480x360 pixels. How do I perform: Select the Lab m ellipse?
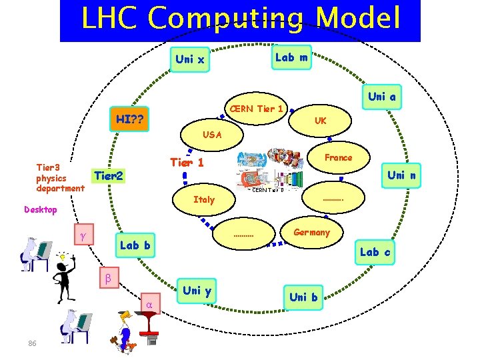click(x=291, y=57)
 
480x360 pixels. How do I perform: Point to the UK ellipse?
click(x=321, y=121)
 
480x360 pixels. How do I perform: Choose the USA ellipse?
click(x=212, y=135)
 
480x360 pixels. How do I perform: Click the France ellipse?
click(x=338, y=157)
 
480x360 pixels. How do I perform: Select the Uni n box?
click(x=401, y=175)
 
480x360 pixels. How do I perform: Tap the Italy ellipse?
click(x=204, y=199)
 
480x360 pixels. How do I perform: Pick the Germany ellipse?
click(x=311, y=232)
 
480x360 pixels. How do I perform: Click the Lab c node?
click(x=375, y=251)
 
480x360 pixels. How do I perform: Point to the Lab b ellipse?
click(x=135, y=245)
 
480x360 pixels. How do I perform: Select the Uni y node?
click(x=197, y=290)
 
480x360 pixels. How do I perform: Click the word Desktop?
click(x=41, y=209)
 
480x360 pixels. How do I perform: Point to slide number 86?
click(x=32, y=343)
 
